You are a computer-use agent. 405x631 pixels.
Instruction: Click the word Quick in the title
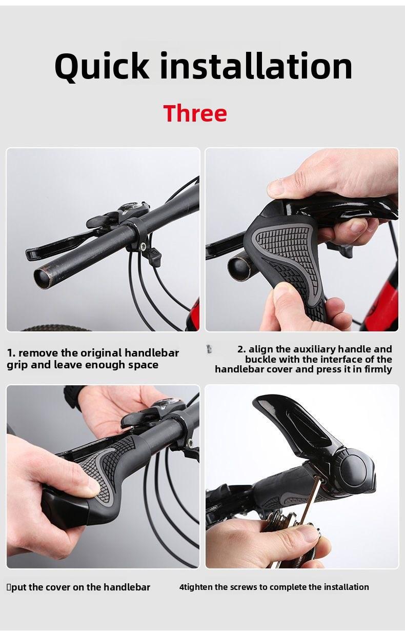pos(102,67)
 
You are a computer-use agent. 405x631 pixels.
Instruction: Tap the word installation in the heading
pos(256,67)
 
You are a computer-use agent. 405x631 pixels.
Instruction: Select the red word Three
pos(195,113)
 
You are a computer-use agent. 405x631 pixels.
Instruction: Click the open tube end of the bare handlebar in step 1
pos(43,277)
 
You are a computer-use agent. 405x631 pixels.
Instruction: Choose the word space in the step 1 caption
pos(145,365)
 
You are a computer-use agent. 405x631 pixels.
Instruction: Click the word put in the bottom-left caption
pos(19,587)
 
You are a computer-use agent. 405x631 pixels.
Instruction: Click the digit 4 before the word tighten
pos(181,587)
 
